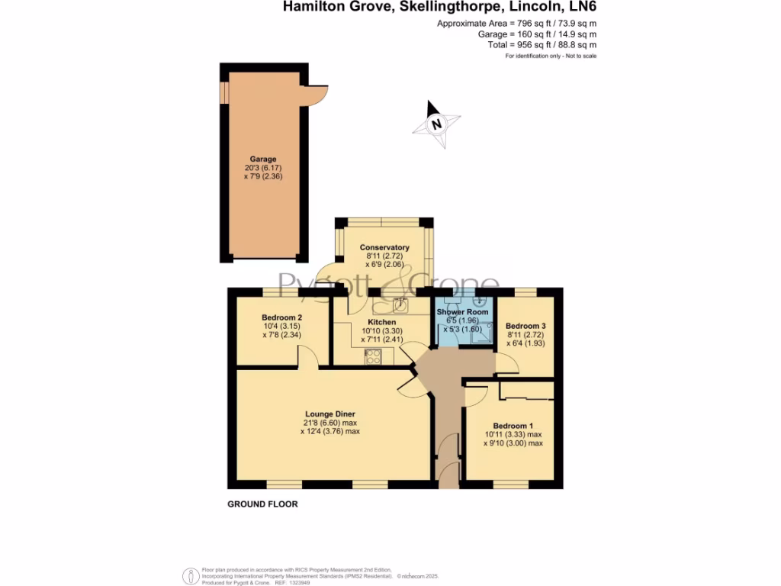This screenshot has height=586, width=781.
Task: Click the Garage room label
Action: tap(263, 159)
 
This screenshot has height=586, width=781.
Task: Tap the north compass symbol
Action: tap(437, 123)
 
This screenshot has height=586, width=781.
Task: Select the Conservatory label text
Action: tap(384, 247)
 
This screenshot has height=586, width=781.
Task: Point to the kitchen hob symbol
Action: tap(374, 356)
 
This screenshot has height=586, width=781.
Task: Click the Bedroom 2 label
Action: tap(282, 317)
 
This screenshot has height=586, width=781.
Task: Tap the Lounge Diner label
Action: tap(329, 414)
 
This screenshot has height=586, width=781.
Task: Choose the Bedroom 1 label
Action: tap(513, 426)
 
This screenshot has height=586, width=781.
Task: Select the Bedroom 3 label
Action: tap(526, 324)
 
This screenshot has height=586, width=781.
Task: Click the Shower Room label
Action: tap(462, 312)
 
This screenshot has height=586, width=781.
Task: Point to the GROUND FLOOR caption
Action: tap(262, 504)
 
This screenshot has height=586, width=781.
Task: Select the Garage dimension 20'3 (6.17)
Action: tap(263, 168)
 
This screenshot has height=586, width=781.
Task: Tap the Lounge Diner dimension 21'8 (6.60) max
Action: tap(329, 423)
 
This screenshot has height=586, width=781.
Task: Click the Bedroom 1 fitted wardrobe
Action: tap(526, 391)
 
